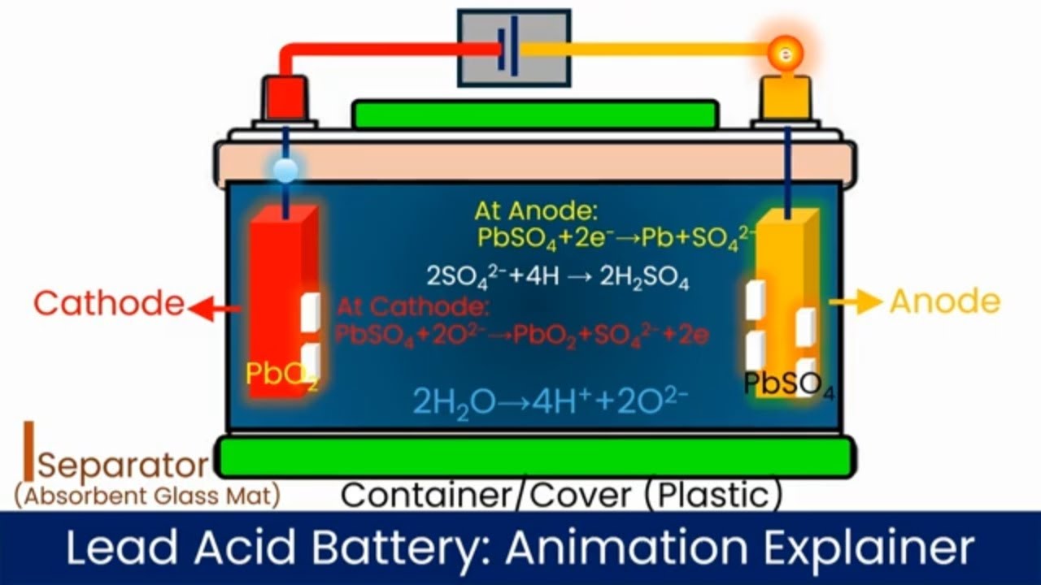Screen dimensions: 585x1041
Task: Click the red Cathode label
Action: point(109,303)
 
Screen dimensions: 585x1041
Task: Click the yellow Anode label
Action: point(944,301)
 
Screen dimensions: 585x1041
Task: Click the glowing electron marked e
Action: point(786,54)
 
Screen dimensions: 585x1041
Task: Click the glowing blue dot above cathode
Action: point(285,169)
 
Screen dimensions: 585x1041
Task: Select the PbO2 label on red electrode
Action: point(281,375)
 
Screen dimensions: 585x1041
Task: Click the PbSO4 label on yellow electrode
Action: point(788,384)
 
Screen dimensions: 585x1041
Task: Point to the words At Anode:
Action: point(536,212)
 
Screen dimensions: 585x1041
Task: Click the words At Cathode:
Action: point(414,307)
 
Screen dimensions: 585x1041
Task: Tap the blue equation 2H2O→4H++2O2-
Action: point(551,401)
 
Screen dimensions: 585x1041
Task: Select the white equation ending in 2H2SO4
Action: point(558,278)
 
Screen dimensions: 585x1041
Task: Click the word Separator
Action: point(123,466)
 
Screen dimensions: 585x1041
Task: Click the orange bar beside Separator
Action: point(28,451)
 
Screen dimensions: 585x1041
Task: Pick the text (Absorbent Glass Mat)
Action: point(147,496)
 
